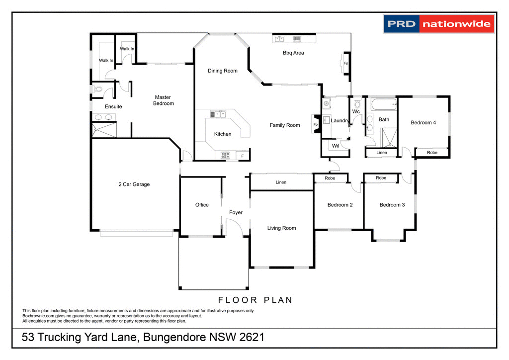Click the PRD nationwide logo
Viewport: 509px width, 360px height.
(x=439, y=23)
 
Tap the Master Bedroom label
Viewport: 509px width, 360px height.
(x=164, y=100)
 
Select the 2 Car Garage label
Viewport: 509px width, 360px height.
(x=134, y=184)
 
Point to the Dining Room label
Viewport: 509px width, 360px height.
(x=222, y=71)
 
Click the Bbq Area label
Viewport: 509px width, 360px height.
(x=293, y=53)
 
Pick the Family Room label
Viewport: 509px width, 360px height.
(x=285, y=125)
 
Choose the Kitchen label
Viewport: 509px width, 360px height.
(x=223, y=134)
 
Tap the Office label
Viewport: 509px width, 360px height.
(x=202, y=205)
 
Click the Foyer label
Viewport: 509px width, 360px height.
(x=236, y=212)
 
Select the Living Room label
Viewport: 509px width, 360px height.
(x=281, y=228)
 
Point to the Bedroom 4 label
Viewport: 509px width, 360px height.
(x=423, y=122)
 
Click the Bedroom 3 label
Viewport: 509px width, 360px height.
(x=392, y=205)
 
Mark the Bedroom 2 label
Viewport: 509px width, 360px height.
(x=340, y=205)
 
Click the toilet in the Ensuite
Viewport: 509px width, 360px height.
(x=97, y=90)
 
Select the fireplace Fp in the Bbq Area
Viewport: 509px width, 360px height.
(x=345, y=64)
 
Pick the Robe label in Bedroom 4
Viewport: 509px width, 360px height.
(x=432, y=153)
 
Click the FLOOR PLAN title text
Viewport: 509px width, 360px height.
(x=255, y=300)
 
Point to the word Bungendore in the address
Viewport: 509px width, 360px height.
(x=175, y=338)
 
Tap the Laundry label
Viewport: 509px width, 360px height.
(x=340, y=121)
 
